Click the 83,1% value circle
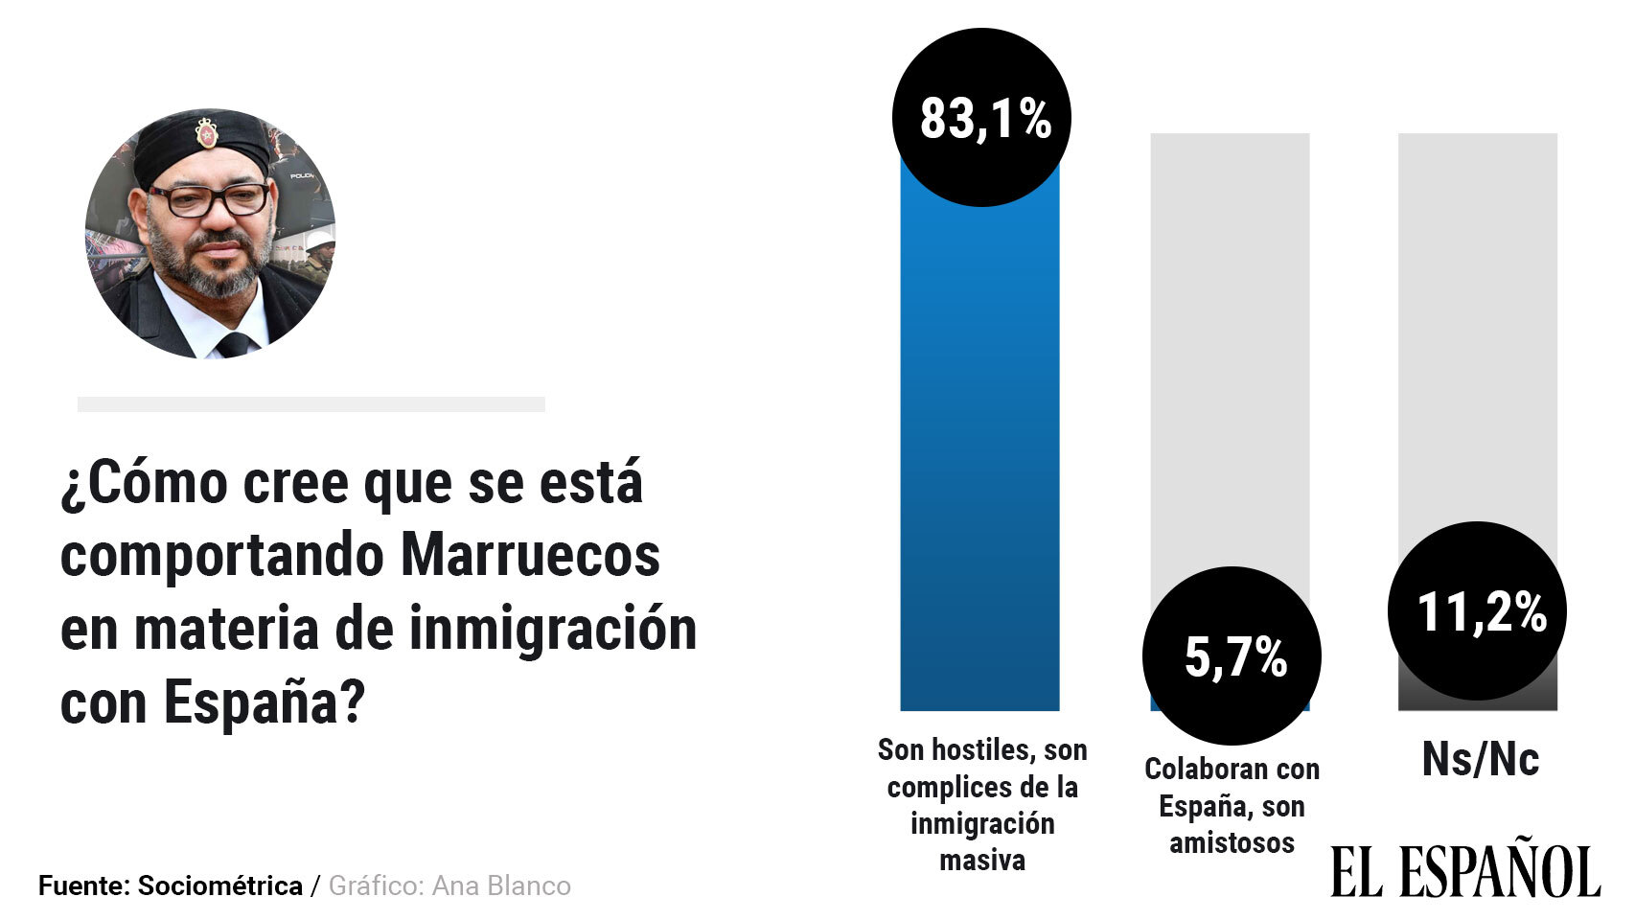pos(980,118)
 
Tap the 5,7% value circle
pos(1232,655)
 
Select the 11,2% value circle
pos(1477,610)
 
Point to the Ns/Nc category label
pos(1480,760)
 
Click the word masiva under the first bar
pos(981,861)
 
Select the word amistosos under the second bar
pos(1232,843)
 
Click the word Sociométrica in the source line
pos(219,886)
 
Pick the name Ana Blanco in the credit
pos(501,886)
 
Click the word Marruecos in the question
pos(529,555)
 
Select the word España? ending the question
pos(265,704)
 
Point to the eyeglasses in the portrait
pos(209,199)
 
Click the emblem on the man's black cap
pos(205,133)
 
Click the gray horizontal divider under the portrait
pos(311,404)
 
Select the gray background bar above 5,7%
pos(1230,345)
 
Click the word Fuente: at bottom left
pos(82,886)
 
